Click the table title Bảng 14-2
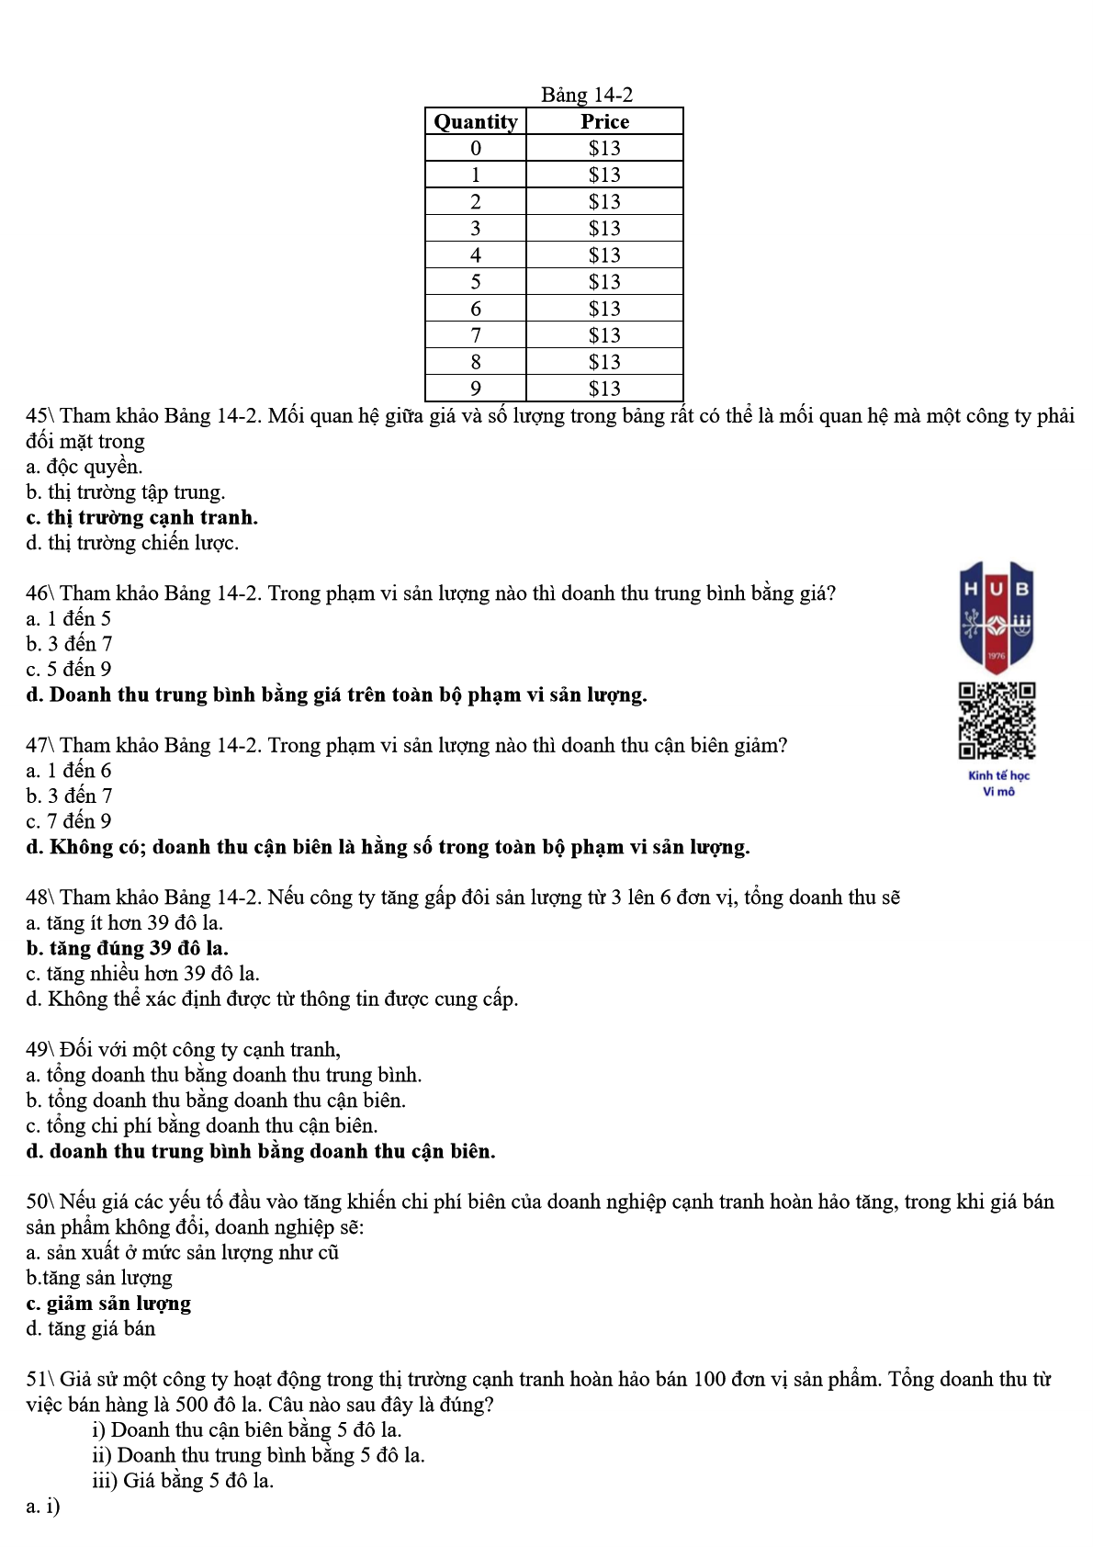pyautogui.click(x=586, y=95)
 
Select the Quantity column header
pyautogui.click(x=476, y=121)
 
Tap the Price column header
pyautogui.click(x=604, y=121)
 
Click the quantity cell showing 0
pyautogui.click(x=476, y=148)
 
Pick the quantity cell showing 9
pyautogui.click(x=476, y=389)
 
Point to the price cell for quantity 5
pyautogui.click(x=604, y=282)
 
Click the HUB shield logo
pyautogui.click(x=997, y=616)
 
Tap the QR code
pyautogui.click(x=997, y=720)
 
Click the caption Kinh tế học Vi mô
pyautogui.click(x=998, y=784)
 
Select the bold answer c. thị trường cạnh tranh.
pyautogui.click(x=142, y=517)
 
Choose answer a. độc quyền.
pyautogui.click(x=85, y=467)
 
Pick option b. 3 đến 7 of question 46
pyautogui.click(x=69, y=644)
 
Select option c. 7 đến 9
pyautogui.click(x=69, y=821)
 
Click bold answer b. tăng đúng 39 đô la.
pyautogui.click(x=128, y=948)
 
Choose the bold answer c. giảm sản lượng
pyautogui.click(x=108, y=1304)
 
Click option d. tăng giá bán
pyautogui.click(x=91, y=1328)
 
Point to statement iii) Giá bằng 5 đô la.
pyautogui.click(x=183, y=1480)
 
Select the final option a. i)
pyautogui.click(x=43, y=1506)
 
